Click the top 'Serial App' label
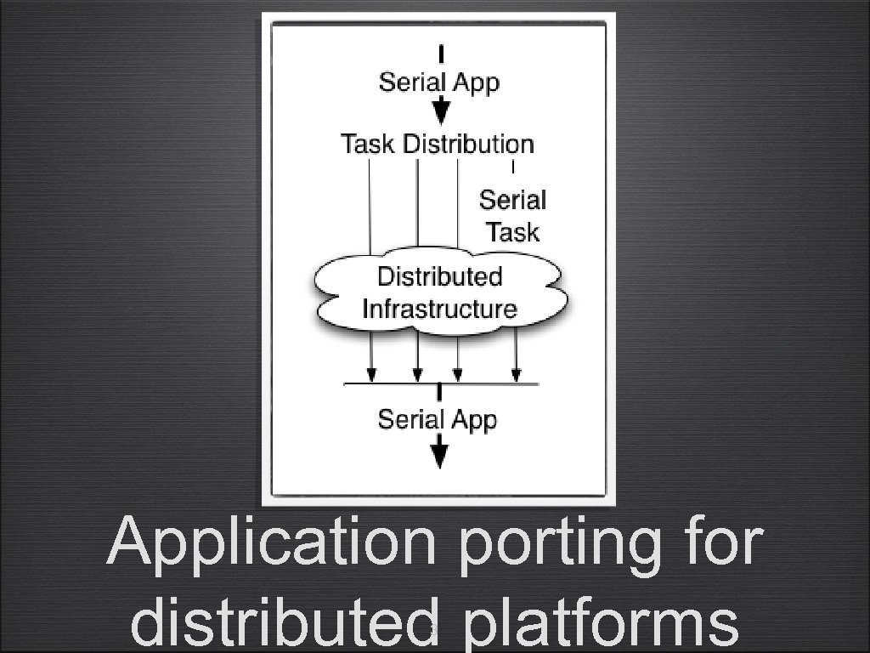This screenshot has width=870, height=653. pos(438,82)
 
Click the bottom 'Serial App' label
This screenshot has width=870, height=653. pos(437,419)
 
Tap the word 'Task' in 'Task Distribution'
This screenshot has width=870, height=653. pos(367,144)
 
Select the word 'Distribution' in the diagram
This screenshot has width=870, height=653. pos(468,144)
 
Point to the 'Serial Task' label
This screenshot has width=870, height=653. pos(512,216)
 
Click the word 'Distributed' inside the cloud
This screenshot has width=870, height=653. pos(439,276)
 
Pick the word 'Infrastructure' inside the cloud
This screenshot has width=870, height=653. pos(439,308)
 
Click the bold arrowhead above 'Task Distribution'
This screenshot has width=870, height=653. pos(440,111)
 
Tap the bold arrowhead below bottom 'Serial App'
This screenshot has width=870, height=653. pos(438,455)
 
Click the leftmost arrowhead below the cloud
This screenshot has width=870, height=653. pos(370,374)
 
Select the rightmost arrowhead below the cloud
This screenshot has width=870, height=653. pos(516,374)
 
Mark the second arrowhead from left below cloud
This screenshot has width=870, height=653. pos(417,374)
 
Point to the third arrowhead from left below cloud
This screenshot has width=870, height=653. pos(458,374)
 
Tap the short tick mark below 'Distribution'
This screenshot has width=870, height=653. pos(513,168)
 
